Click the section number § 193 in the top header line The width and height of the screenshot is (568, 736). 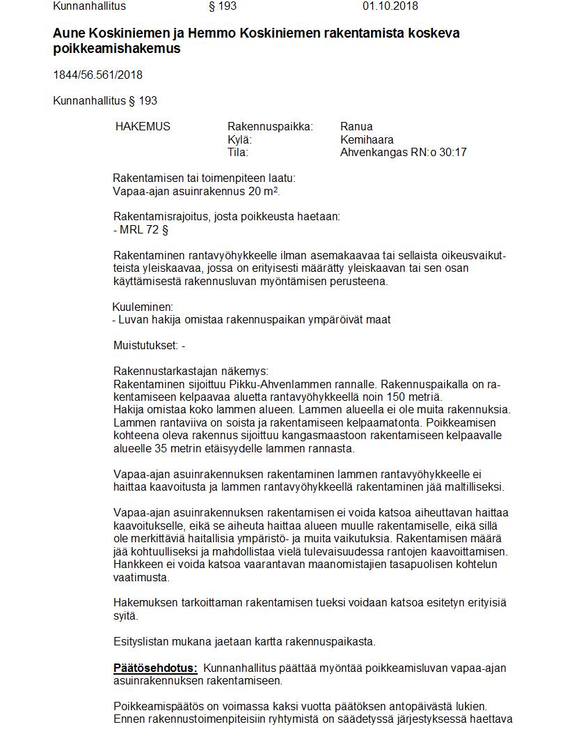[x=223, y=6]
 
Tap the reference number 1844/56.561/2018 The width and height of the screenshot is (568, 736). [x=97, y=75]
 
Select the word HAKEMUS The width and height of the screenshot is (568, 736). [x=143, y=127]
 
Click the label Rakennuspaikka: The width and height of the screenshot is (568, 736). [x=270, y=127]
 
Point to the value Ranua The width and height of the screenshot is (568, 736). [x=356, y=127]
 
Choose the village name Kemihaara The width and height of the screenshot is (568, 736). [x=367, y=139]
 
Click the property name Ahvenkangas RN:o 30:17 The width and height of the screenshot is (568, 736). [x=403, y=152]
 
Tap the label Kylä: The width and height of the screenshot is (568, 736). [x=239, y=139]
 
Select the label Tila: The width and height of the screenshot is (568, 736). [x=237, y=152]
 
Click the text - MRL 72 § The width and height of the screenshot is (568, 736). [x=141, y=229]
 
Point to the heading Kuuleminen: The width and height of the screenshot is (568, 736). [x=143, y=307]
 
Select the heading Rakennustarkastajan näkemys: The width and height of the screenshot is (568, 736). [x=190, y=371]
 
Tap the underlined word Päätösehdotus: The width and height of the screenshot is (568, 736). [x=155, y=668]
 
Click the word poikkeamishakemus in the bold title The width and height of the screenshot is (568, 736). [x=116, y=49]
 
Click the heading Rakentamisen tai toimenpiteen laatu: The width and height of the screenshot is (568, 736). [x=204, y=178]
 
